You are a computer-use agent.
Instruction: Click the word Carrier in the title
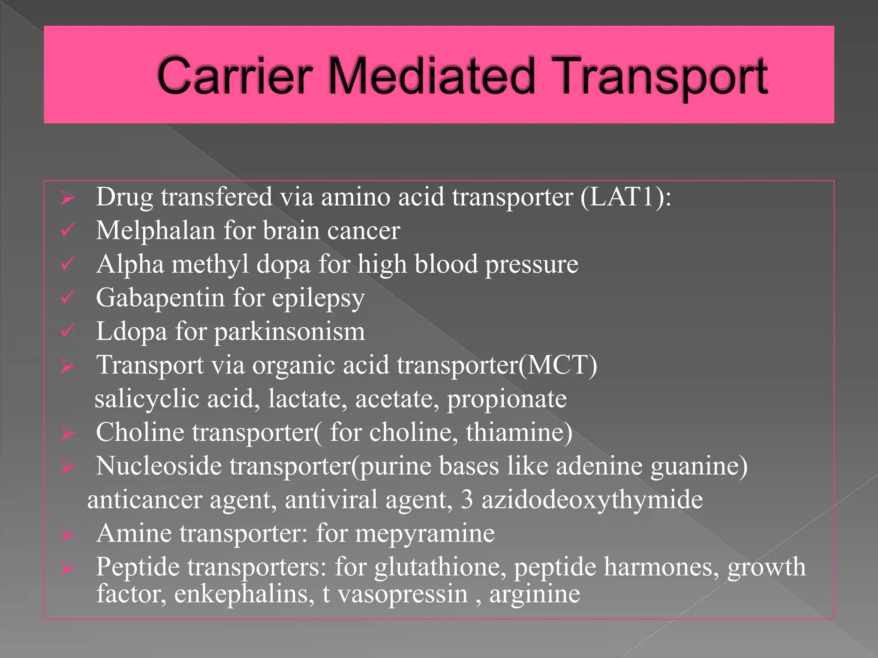[x=234, y=76]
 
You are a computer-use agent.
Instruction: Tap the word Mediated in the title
[x=431, y=76]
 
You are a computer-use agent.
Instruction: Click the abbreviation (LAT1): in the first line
[x=625, y=197]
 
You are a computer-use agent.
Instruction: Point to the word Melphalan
[x=155, y=230]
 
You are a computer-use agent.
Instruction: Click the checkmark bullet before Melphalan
[x=68, y=230]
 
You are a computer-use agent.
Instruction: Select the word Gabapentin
[x=160, y=298]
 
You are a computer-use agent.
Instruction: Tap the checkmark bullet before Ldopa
[x=68, y=331]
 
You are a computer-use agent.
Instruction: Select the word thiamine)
[x=519, y=432]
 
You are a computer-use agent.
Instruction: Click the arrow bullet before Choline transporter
[x=68, y=433]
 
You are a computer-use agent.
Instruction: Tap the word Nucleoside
[x=159, y=466]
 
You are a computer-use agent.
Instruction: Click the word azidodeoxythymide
[x=592, y=500]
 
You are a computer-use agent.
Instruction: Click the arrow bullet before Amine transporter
[x=68, y=534]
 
